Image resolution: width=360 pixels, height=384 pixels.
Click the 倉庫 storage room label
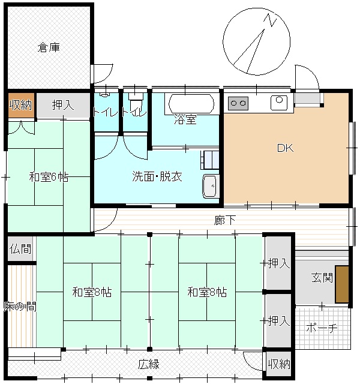49,47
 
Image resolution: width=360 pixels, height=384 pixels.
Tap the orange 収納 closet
21,106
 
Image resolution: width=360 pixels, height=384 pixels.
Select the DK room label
286,148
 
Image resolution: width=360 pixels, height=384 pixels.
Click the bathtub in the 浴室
191,104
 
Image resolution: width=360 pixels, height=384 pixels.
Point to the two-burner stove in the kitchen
238,103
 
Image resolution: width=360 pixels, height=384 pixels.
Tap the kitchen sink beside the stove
279,103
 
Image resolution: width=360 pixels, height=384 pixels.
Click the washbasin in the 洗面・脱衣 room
209,186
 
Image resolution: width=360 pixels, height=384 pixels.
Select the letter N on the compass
271,20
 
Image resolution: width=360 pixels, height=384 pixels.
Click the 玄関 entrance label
322,277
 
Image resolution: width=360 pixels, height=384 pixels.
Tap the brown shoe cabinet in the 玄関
342,284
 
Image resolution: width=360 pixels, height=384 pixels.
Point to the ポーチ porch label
322,328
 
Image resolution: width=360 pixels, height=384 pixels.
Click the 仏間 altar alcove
20,249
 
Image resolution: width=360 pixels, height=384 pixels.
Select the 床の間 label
20,307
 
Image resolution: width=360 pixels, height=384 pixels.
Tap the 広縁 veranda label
149,364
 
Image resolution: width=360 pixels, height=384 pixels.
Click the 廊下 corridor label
225,220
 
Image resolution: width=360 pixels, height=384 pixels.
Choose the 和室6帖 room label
49,177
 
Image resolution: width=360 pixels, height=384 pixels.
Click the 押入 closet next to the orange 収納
63,106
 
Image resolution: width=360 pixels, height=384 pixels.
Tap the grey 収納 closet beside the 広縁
278,364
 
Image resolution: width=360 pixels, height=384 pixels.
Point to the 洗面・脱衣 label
157,176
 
